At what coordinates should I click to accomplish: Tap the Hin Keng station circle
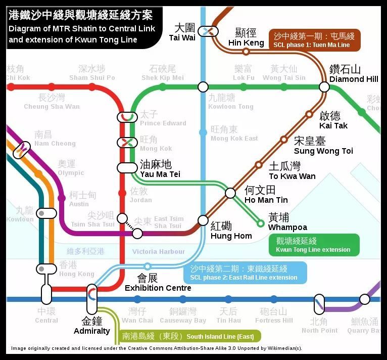tap(246, 52)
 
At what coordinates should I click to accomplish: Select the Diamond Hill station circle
tap(324, 87)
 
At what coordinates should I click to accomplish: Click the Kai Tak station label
tap(333, 120)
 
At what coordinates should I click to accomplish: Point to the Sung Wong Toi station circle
tap(284, 139)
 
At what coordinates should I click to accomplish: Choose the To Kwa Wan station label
tap(292, 171)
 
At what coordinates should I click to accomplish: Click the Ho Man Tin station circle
tap(230, 193)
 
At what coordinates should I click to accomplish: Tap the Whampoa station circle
tap(261, 223)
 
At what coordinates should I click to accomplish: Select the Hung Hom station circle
tap(203, 220)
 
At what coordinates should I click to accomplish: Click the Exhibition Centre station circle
tap(148, 266)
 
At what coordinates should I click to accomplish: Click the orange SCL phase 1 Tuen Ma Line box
tap(315, 40)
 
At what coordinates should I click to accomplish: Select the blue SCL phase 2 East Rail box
tap(245, 273)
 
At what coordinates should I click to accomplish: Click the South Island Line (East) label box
tap(190, 336)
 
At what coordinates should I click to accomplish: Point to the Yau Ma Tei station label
tap(160, 168)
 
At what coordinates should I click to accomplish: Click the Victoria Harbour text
tap(158, 251)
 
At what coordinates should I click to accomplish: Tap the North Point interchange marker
tap(319, 303)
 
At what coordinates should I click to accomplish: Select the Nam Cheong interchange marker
tap(22, 149)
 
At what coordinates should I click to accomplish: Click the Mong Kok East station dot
tap(203, 132)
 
